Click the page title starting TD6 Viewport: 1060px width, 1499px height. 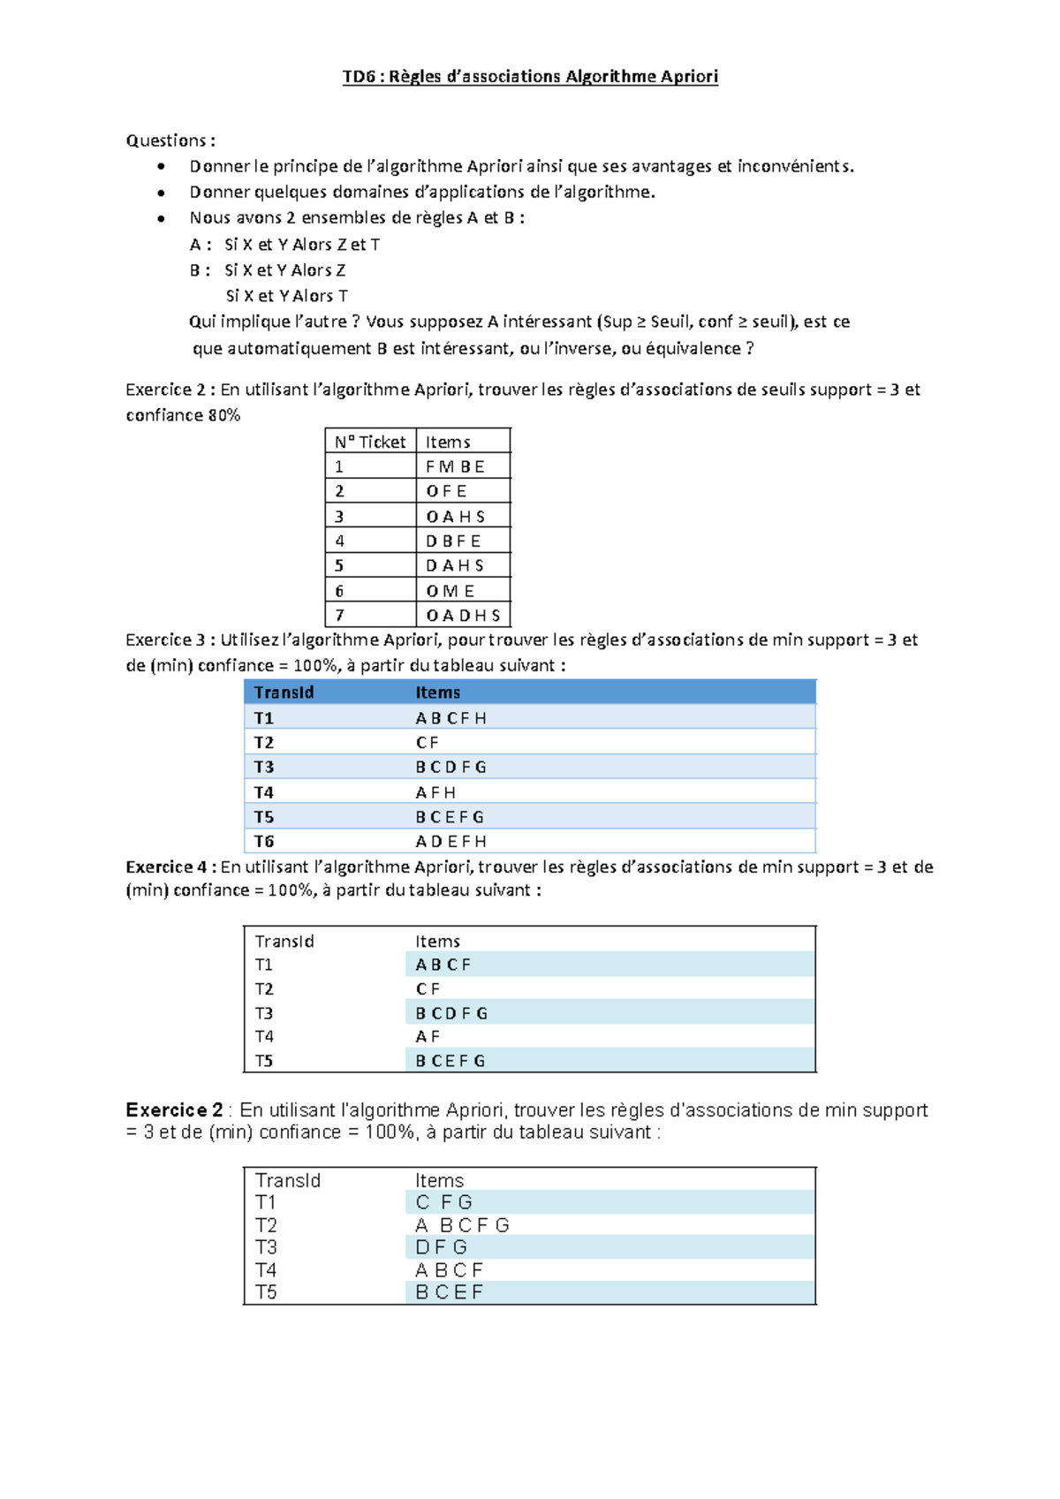(x=530, y=77)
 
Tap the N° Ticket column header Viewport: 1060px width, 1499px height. (x=369, y=442)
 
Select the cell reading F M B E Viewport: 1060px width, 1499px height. (x=455, y=466)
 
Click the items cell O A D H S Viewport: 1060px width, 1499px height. (x=463, y=616)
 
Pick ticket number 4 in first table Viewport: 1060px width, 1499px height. (x=340, y=541)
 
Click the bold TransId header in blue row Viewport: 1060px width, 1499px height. (x=284, y=693)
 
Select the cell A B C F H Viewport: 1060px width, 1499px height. (x=450, y=718)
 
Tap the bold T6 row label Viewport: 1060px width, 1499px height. (x=264, y=841)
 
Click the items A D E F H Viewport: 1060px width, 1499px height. (x=450, y=841)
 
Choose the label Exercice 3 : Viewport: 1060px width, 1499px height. (x=170, y=640)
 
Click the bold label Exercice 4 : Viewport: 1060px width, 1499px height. (x=170, y=867)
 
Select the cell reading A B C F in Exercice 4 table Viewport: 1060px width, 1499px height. (x=443, y=965)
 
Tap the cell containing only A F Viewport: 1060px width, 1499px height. (x=428, y=1036)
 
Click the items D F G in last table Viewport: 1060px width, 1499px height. (x=441, y=1247)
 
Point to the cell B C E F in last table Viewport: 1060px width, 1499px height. (x=449, y=1292)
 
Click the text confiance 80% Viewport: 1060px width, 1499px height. (x=183, y=415)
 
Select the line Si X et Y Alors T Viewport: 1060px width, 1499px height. (x=286, y=296)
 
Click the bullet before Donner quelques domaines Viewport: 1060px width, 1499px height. (x=161, y=193)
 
